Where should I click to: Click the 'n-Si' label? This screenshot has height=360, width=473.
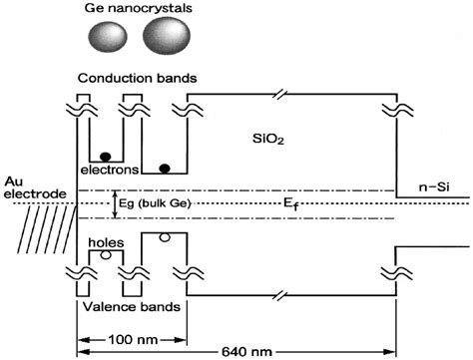[433, 186]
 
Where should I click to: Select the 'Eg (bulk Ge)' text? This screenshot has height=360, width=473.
[160, 203]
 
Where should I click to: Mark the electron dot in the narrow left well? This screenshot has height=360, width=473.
[103, 157]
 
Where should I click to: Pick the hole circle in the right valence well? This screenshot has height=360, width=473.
[165, 237]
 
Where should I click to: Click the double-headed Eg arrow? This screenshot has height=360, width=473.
[116, 203]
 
